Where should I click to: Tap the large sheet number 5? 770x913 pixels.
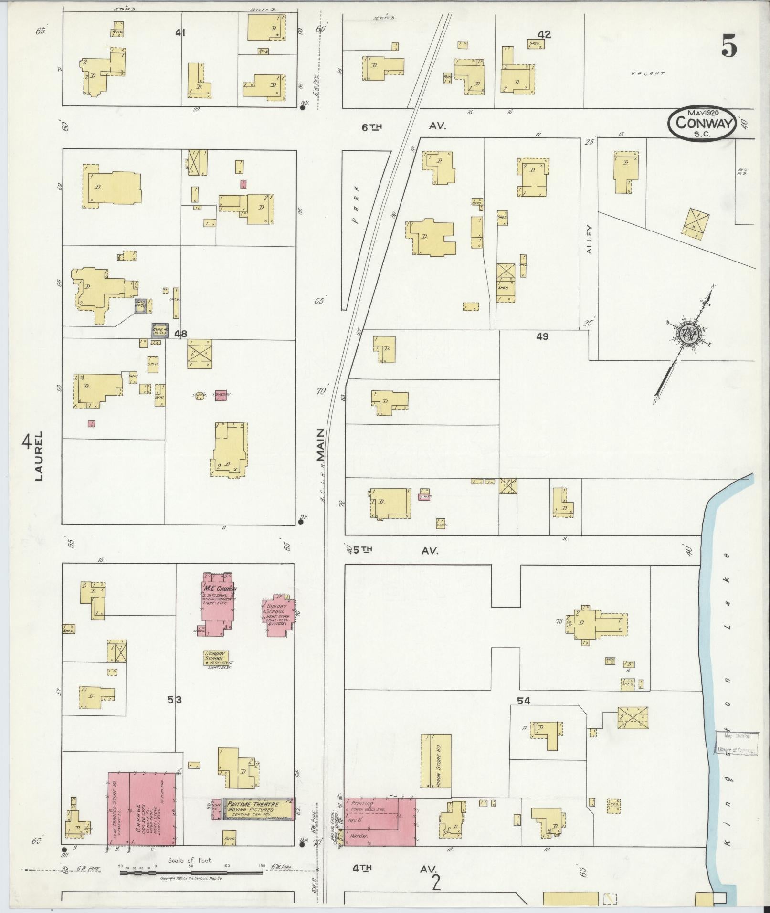pyautogui.click(x=729, y=46)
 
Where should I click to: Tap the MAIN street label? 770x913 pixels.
pyautogui.click(x=320, y=444)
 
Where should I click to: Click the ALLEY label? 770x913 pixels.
pyautogui.click(x=590, y=239)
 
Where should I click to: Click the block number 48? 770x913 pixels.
pyautogui.click(x=180, y=334)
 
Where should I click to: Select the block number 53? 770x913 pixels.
pyautogui.click(x=174, y=700)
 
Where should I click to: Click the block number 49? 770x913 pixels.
pyautogui.click(x=542, y=336)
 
